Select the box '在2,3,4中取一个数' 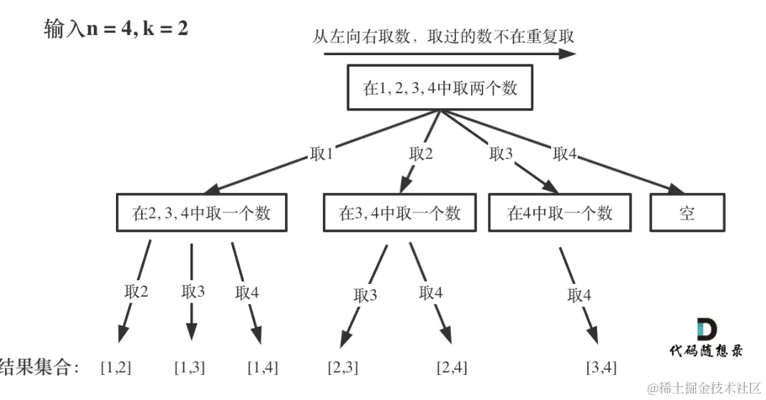202,212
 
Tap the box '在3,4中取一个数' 399,212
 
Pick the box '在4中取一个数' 560,212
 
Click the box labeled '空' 687,212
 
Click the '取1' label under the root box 321,154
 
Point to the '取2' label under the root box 421,154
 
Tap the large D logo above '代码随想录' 707,329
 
